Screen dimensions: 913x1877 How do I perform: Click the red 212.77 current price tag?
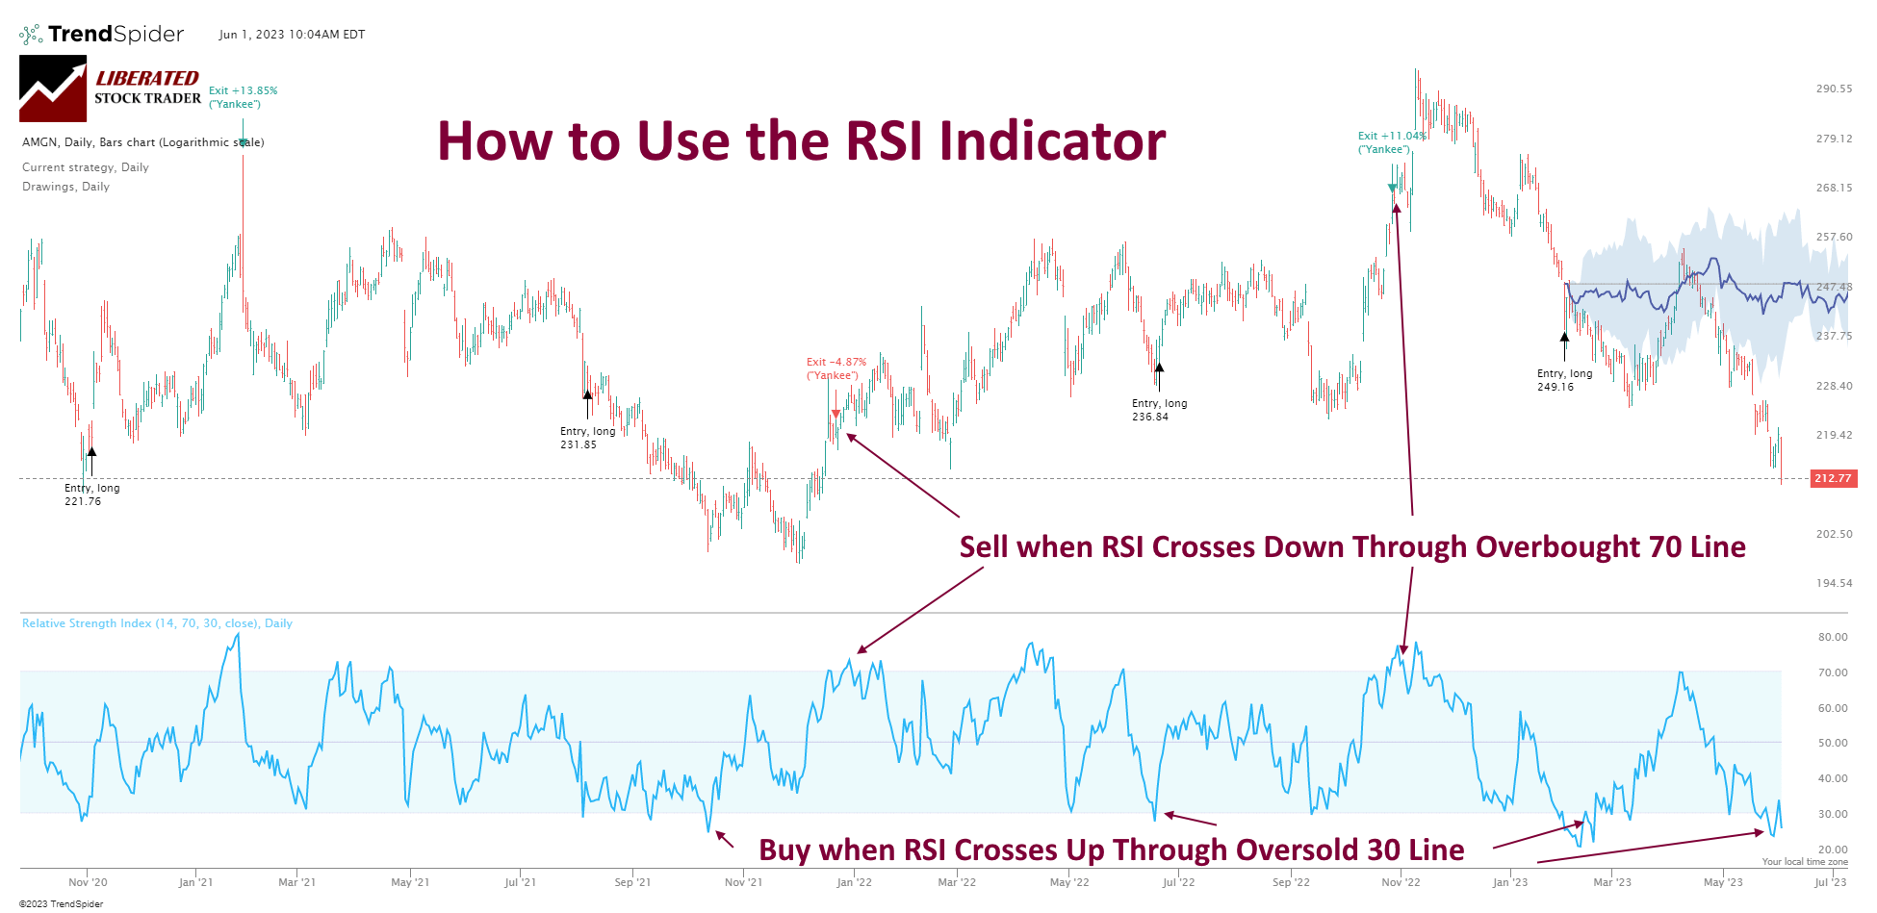click(x=1833, y=478)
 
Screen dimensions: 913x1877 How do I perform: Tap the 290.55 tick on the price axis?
click(x=1833, y=89)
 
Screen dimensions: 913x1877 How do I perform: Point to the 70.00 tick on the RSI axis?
click(x=1832, y=672)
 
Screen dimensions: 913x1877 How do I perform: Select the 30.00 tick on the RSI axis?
click(x=1832, y=814)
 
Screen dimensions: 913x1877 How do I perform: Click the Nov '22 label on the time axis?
click(x=1400, y=882)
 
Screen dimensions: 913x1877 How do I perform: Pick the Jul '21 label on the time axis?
click(x=520, y=882)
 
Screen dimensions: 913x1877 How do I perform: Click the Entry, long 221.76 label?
click(x=91, y=495)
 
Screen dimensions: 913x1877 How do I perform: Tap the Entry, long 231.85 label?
click(x=587, y=438)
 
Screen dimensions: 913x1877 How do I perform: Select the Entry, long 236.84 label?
click(x=1159, y=410)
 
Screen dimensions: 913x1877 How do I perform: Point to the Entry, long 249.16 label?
click(x=1564, y=380)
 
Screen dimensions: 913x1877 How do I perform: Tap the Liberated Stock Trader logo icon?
click(x=53, y=89)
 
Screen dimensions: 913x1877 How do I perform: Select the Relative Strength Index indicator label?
click(x=157, y=623)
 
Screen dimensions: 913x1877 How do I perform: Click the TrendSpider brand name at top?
click(x=115, y=35)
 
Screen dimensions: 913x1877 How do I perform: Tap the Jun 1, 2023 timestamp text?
click(x=292, y=35)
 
